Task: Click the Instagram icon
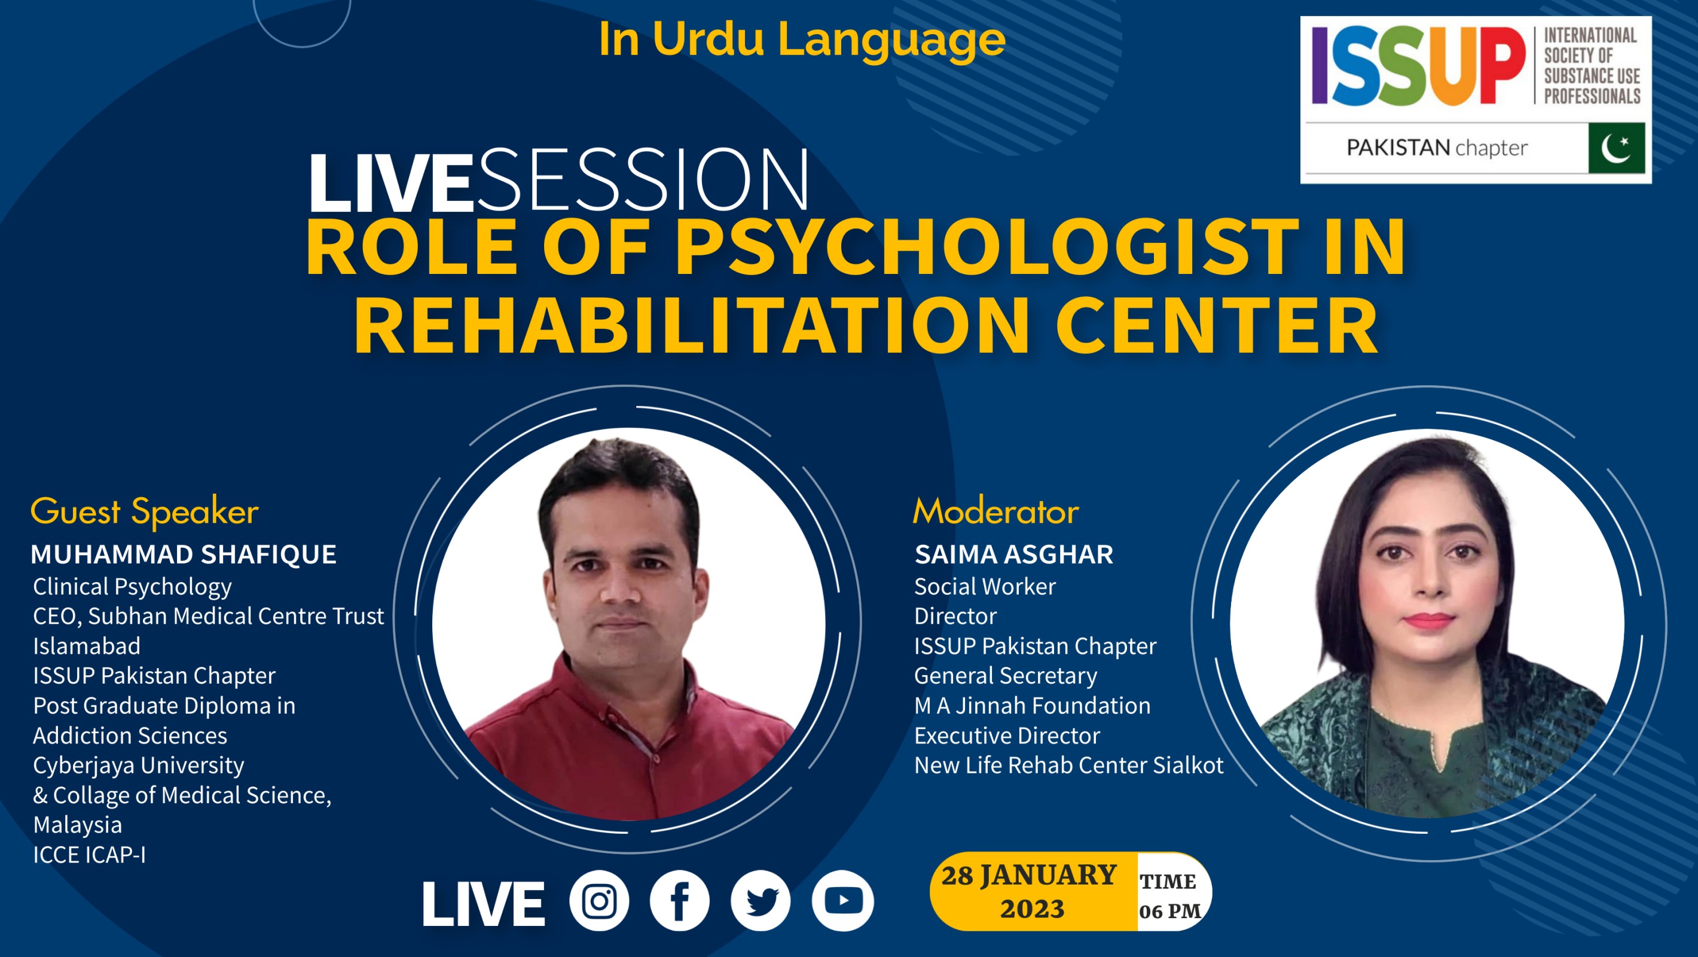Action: [599, 901]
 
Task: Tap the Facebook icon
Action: [680, 901]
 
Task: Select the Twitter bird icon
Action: [761, 901]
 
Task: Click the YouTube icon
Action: [842, 901]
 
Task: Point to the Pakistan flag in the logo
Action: [1615, 148]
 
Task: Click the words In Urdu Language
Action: [802, 39]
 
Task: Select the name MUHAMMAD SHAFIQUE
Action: [183, 554]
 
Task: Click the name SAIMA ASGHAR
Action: [1013, 554]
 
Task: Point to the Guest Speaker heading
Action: [144, 512]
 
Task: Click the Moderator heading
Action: [995, 512]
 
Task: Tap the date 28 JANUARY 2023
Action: [1031, 892]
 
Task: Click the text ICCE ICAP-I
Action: [89, 855]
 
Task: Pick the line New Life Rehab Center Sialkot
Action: [1068, 765]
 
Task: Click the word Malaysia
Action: [77, 824]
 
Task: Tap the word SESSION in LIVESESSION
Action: [643, 181]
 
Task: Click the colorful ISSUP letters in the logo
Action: [1417, 66]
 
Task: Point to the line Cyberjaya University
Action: [139, 765]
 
